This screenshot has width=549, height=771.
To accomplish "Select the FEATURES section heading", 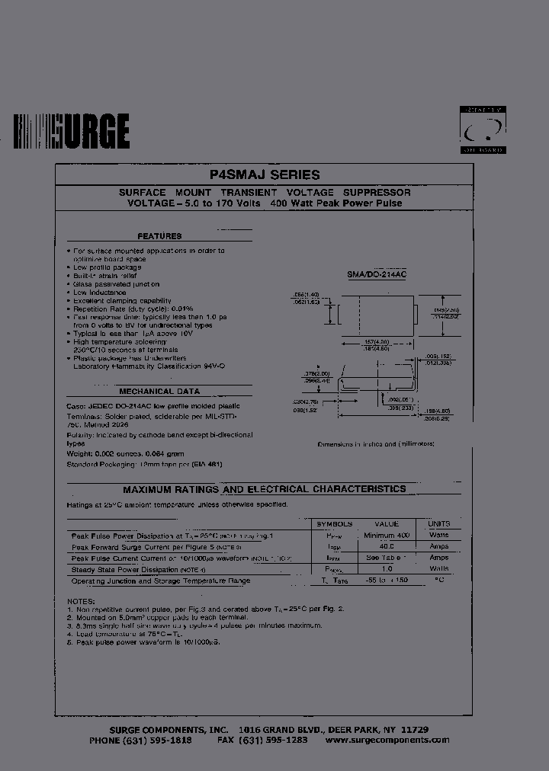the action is pyautogui.click(x=159, y=236).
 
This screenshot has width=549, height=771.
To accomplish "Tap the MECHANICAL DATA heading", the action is pyautogui.click(x=159, y=390).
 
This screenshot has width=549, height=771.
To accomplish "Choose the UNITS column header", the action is pyautogui.click(x=439, y=524).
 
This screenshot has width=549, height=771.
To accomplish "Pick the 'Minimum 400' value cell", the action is pyautogui.click(x=387, y=536).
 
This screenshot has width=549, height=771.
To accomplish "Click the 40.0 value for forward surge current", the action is pyautogui.click(x=387, y=546).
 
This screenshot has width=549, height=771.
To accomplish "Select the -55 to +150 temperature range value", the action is pyautogui.click(x=387, y=581).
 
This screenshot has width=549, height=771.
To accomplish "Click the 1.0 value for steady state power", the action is pyautogui.click(x=387, y=569).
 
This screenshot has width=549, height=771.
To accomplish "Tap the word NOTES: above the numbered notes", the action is pyautogui.click(x=79, y=602).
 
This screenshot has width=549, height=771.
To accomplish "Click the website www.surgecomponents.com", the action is pyautogui.click(x=387, y=740).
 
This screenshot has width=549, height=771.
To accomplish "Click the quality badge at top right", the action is pyautogui.click(x=483, y=130).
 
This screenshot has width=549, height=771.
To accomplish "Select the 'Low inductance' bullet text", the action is pyautogui.click(x=99, y=293).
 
